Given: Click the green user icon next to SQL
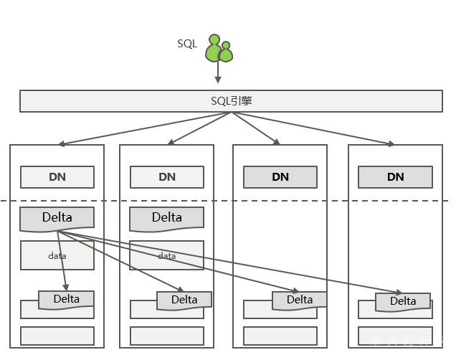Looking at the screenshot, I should (219, 48).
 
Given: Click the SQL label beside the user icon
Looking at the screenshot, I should (187, 44).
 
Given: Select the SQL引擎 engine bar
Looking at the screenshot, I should (231, 101).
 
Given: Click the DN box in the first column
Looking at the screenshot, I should (57, 177).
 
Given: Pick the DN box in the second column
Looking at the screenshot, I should (167, 177).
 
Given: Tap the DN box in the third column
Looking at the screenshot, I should (280, 177).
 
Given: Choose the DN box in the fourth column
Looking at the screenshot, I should (395, 177).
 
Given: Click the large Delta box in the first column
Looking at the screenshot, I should (57, 218).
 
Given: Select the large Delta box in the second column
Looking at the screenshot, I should (167, 218).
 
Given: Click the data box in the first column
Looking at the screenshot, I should (57, 256).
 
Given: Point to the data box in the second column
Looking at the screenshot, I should (167, 256).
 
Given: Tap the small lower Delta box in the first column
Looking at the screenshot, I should (67, 299).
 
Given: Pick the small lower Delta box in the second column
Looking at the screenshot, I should (184, 300).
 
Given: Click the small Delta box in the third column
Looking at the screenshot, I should (300, 300).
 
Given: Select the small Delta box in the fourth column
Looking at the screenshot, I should (403, 302).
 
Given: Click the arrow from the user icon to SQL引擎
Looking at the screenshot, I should (218, 72).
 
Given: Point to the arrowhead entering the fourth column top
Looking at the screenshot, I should (391, 144).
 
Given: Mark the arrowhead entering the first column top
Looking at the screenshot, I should (62, 144).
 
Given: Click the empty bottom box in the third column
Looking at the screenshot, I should (280, 336).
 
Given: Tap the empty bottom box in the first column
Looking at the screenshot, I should (57, 336).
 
